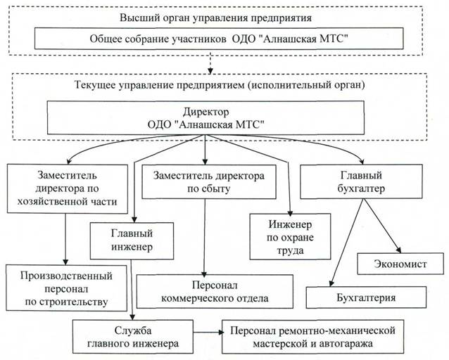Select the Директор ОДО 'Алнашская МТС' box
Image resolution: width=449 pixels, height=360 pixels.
(x=205, y=119)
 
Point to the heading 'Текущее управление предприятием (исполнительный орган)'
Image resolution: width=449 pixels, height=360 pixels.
(x=224, y=86)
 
